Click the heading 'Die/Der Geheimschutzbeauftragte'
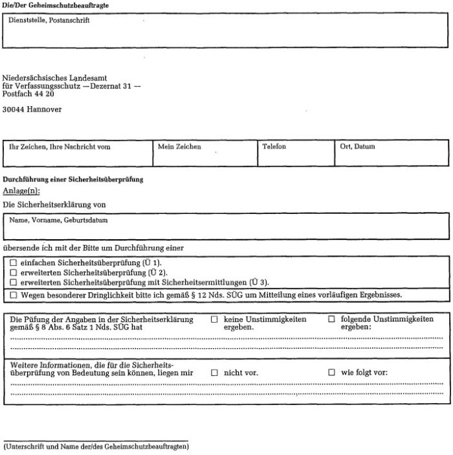56,5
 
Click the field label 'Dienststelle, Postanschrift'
49,21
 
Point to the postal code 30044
14,110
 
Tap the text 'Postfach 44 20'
28,94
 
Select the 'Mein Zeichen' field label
179,147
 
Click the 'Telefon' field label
274,147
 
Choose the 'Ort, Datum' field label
357,147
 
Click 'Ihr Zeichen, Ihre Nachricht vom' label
60,147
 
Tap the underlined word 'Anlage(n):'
21,191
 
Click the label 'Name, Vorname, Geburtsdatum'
58,220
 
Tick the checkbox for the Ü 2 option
13,273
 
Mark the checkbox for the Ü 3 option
13,283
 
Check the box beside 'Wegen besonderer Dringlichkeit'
13,295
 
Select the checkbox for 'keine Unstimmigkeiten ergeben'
215,320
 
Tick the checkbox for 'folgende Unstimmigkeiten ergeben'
331,320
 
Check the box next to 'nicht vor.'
215,373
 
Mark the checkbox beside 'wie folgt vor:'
331,373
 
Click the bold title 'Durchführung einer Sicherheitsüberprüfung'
73,179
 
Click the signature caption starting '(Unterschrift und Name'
95,447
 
